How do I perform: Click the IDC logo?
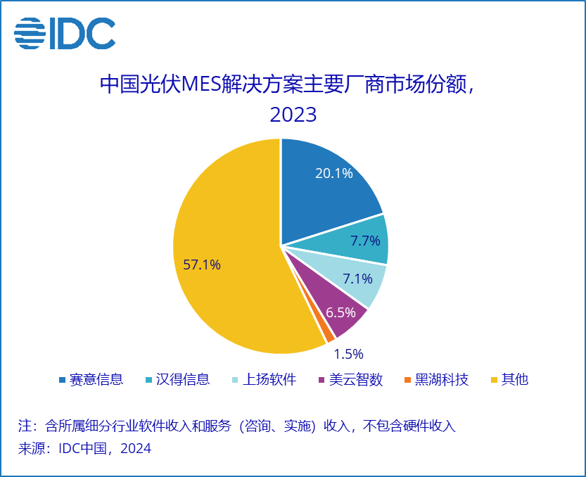[65, 33]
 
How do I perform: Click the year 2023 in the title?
[293, 114]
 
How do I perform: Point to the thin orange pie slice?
[328, 335]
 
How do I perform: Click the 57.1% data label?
[202, 265]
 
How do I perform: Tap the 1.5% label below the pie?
[348, 354]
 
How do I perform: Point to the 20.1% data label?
[333, 172]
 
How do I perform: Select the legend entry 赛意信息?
[91, 380]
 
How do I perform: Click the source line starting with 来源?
[84, 448]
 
